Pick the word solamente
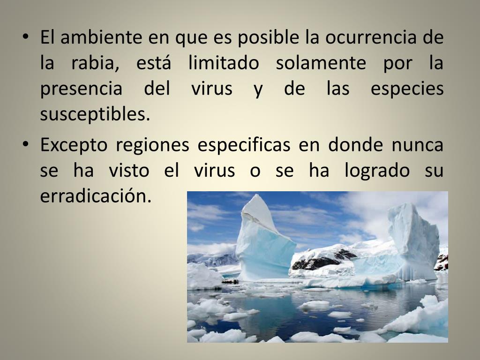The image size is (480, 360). (321, 63)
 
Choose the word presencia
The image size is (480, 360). (81, 89)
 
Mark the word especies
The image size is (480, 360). (407, 89)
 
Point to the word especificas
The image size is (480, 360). (244, 145)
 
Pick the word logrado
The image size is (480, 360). (377, 171)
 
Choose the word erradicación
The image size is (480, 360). (96, 196)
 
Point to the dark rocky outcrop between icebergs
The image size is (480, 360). (323, 260)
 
